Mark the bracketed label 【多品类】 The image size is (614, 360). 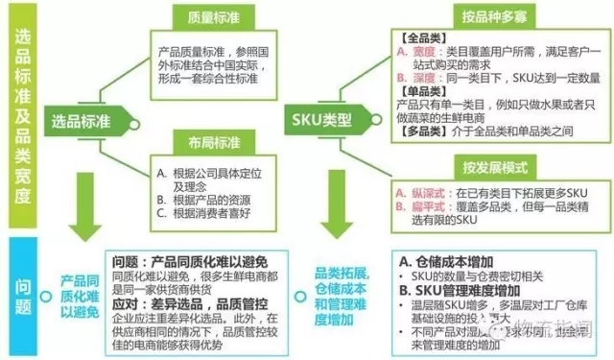point(418,129)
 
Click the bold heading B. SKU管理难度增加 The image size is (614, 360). point(461,291)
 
